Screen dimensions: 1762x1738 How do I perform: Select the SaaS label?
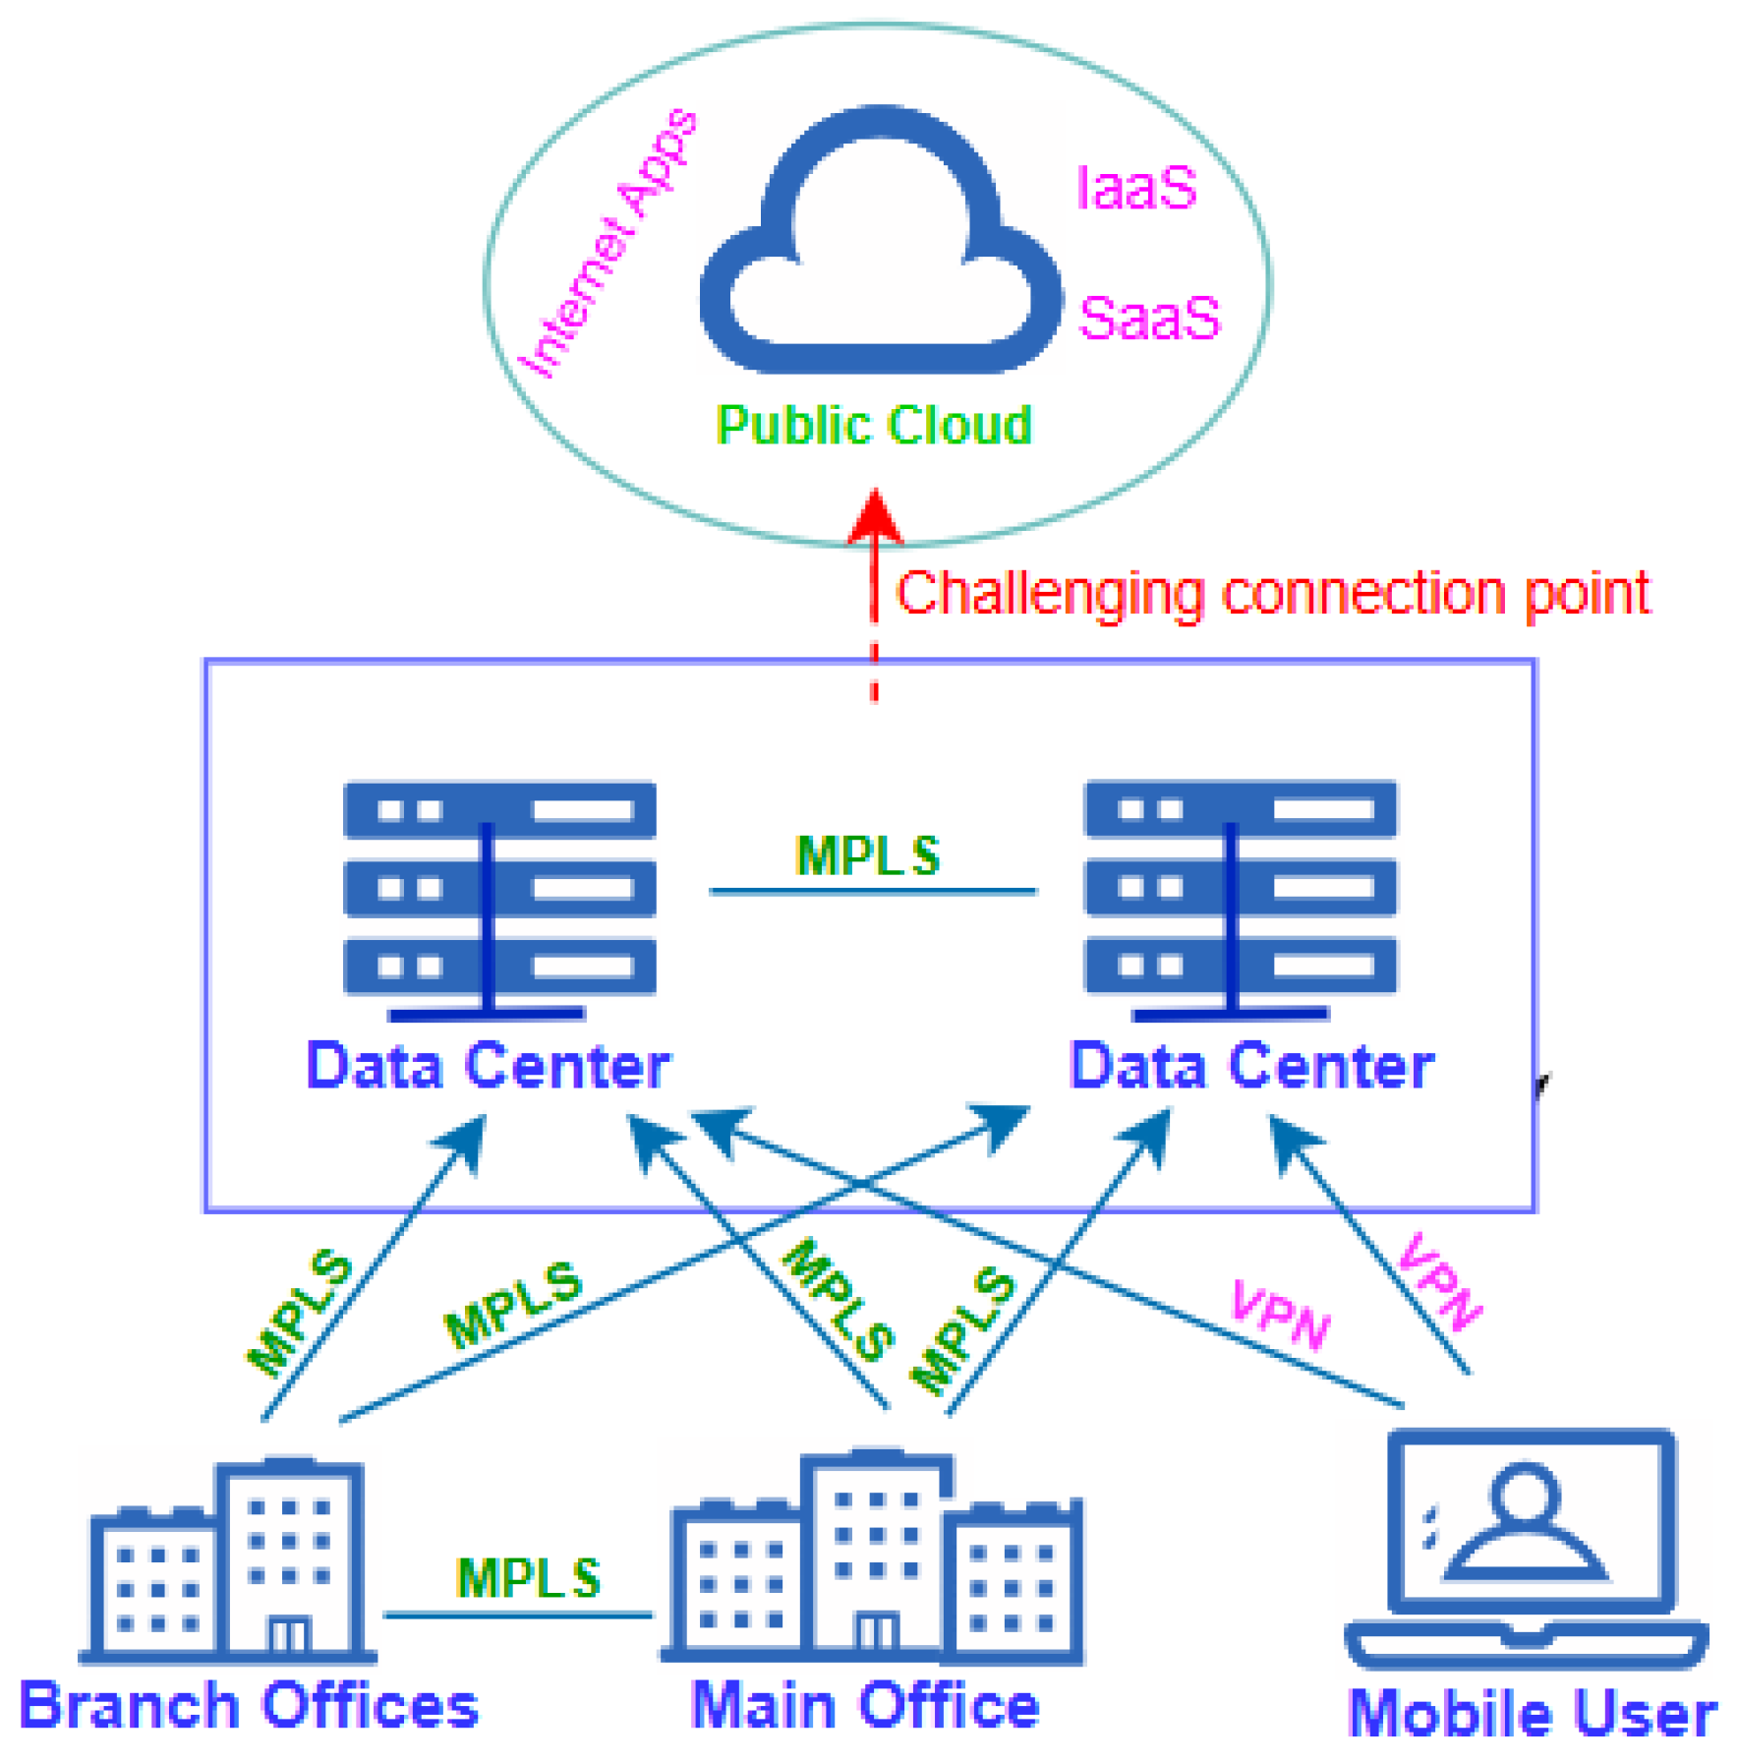(x=1148, y=318)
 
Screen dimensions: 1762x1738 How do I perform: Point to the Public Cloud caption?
(x=873, y=425)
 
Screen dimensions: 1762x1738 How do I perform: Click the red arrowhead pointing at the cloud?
(x=875, y=515)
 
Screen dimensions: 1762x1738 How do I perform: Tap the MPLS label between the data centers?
(x=867, y=855)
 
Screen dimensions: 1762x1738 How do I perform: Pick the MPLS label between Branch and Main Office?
(x=528, y=1578)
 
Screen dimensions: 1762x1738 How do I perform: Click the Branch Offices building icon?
(x=228, y=1561)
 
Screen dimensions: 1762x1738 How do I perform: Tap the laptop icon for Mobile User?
(x=1527, y=1549)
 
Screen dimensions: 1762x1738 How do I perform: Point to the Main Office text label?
(x=865, y=1705)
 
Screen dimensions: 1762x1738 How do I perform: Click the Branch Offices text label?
(x=248, y=1705)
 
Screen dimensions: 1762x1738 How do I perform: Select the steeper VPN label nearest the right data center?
(x=1439, y=1282)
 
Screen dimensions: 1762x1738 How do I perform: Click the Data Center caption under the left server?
(x=488, y=1066)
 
